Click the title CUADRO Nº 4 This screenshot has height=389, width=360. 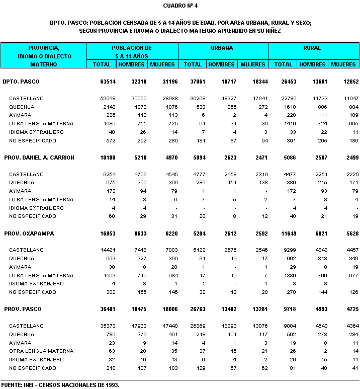[x=180, y=6]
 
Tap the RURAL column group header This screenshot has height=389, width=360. [x=312, y=48]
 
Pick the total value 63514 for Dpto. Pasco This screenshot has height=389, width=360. [x=108, y=81]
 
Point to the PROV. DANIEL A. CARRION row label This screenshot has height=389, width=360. [x=39, y=158]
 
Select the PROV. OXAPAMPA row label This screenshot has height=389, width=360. [x=29, y=234]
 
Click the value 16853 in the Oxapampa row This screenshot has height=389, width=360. [x=108, y=234]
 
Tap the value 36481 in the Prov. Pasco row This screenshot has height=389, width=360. [x=108, y=309]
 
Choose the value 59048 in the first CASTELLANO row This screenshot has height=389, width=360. [x=108, y=98]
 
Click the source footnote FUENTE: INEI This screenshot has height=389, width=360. [x=60, y=385]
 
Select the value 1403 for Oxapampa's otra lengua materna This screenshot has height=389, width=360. [x=109, y=275]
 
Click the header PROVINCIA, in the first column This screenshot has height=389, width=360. [x=44, y=47]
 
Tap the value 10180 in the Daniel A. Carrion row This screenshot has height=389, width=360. [x=108, y=158]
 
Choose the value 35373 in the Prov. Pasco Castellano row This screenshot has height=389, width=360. [x=108, y=326]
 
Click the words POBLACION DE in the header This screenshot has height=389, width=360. [x=132, y=48]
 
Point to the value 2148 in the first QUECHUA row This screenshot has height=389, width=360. [x=109, y=107]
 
